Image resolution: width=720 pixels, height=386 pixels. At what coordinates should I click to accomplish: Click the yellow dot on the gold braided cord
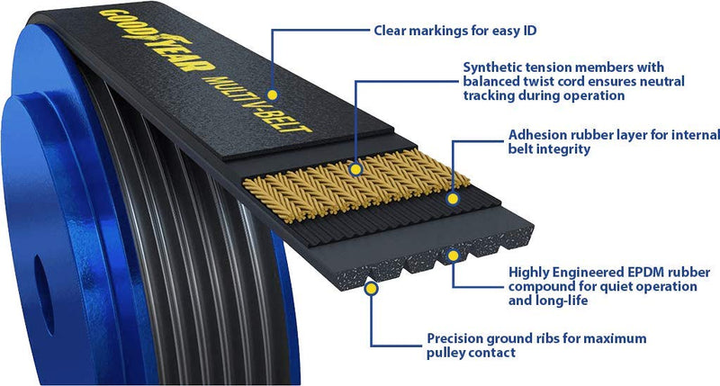tap(356, 168)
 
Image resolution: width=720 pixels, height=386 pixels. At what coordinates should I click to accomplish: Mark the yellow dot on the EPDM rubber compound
tap(453, 256)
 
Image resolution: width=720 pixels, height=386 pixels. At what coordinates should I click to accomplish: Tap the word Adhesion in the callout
tap(536, 135)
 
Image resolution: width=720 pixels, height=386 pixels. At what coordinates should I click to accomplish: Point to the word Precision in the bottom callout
tap(455, 338)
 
